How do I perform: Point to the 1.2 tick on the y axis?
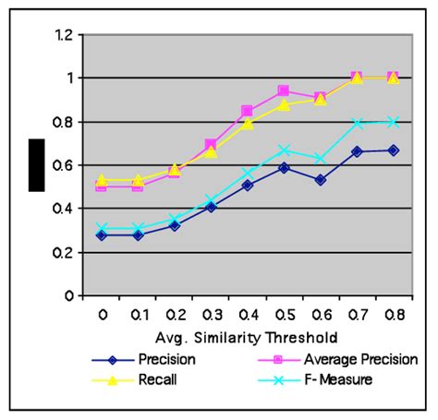pyautogui.click(x=63, y=35)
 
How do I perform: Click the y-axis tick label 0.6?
pyautogui.click(x=63, y=165)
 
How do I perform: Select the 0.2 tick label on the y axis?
pyautogui.click(x=63, y=253)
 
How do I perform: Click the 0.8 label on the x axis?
pyautogui.click(x=393, y=314)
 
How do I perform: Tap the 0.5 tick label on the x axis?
pyautogui.click(x=284, y=314)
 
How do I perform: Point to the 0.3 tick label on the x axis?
pyautogui.click(x=211, y=314)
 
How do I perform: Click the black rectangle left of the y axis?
pyautogui.click(x=36, y=165)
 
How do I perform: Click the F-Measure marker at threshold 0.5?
pyautogui.click(x=284, y=150)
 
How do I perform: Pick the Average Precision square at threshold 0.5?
pyautogui.click(x=284, y=91)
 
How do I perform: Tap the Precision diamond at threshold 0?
pyautogui.click(x=102, y=235)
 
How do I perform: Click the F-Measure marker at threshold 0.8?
pyautogui.click(x=393, y=122)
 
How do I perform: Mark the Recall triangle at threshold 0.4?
pyautogui.click(x=248, y=123)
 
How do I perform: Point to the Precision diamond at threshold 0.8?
pyautogui.click(x=393, y=150)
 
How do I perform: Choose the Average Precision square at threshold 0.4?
pyautogui.click(x=248, y=111)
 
